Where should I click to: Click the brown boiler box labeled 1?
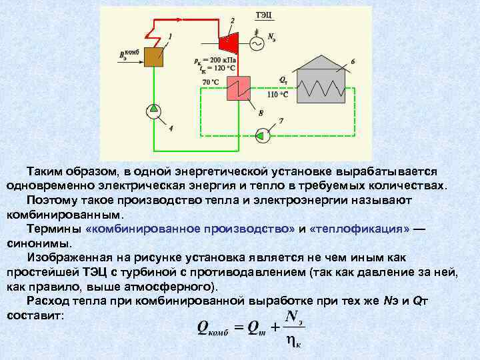click(155, 57)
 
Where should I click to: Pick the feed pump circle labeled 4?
click(154, 108)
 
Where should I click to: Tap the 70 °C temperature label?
click(210, 82)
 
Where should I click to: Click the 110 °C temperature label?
click(278, 95)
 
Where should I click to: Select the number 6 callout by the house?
click(353, 61)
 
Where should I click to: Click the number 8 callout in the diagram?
click(261, 113)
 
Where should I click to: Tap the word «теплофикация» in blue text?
click(360, 229)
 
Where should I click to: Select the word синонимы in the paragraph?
click(33, 243)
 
